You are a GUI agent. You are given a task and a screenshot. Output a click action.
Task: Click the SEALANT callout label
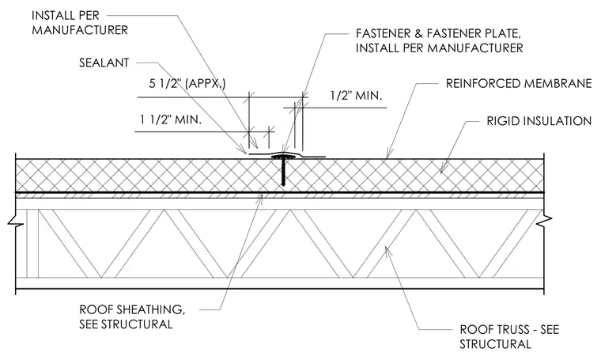[x=104, y=63]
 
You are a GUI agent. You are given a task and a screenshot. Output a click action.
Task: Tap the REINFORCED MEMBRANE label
[x=519, y=84]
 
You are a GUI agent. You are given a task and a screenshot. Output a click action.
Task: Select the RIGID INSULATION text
[x=539, y=121]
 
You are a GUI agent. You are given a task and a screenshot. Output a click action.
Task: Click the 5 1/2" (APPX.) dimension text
[x=187, y=84]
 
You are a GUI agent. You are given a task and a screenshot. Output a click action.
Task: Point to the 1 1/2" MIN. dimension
[x=171, y=120]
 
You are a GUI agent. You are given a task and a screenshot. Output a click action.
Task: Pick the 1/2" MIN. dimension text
[x=356, y=96]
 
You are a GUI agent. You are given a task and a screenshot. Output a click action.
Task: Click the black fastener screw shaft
[x=283, y=172]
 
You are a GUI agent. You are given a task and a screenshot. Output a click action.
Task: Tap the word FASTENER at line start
[x=383, y=34]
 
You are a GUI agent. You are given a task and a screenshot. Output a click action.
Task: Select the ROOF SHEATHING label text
[x=132, y=310]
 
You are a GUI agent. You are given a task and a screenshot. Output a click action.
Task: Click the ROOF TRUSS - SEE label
[x=509, y=330]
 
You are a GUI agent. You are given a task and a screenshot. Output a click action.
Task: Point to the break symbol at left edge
[x=15, y=222]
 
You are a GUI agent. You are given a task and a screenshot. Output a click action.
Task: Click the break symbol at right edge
[x=544, y=222]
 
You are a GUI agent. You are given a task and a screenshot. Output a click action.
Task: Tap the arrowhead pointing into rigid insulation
[x=442, y=169]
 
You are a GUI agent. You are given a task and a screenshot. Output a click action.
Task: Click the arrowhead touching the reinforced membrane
[x=388, y=154]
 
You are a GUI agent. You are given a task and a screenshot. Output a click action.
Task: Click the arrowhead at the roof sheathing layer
[x=261, y=199]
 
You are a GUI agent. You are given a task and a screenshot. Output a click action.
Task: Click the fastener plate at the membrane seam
[x=284, y=157]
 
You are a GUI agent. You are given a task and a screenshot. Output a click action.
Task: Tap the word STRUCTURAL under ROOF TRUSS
[x=495, y=344]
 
